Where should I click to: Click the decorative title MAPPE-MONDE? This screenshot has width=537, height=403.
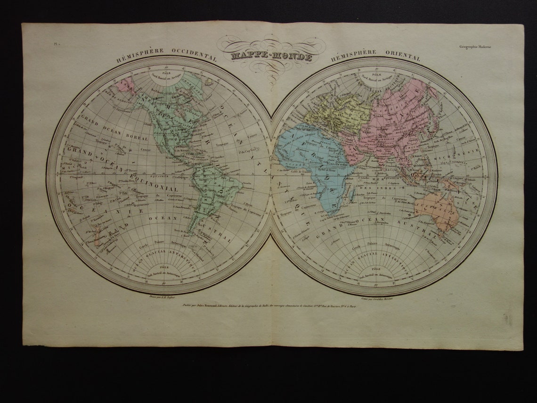coord(271,57)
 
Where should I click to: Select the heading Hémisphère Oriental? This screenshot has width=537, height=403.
coord(375,56)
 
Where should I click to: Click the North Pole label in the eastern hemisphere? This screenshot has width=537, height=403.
coord(376,77)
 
